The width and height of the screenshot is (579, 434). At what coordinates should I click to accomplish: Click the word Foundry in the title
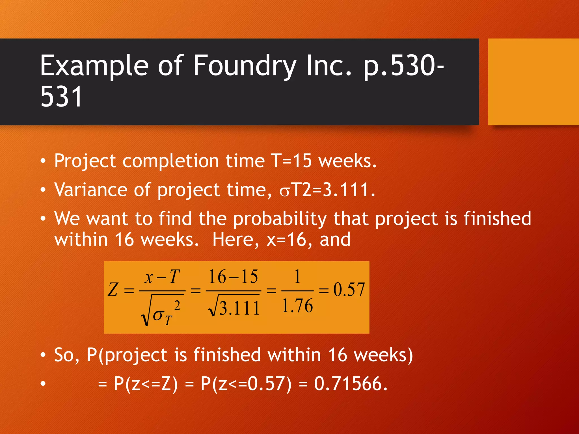(245, 66)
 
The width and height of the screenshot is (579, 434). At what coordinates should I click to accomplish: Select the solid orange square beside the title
(533, 82)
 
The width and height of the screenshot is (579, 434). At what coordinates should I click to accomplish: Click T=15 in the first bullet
(291, 161)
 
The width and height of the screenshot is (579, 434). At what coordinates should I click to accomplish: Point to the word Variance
(90, 190)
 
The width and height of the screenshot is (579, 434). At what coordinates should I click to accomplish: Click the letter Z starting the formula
(113, 290)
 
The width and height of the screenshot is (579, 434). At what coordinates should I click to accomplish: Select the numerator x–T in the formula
(162, 277)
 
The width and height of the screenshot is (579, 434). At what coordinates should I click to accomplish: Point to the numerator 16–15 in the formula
(233, 277)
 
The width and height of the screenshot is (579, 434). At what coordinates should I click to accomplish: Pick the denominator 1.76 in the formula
(297, 306)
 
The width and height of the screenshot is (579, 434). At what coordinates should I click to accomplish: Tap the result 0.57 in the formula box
(349, 290)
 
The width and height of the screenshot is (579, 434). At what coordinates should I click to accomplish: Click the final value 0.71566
(351, 384)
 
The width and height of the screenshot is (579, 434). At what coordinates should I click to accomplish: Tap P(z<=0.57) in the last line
(246, 384)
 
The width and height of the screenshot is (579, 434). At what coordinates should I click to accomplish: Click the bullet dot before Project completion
(43, 161)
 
